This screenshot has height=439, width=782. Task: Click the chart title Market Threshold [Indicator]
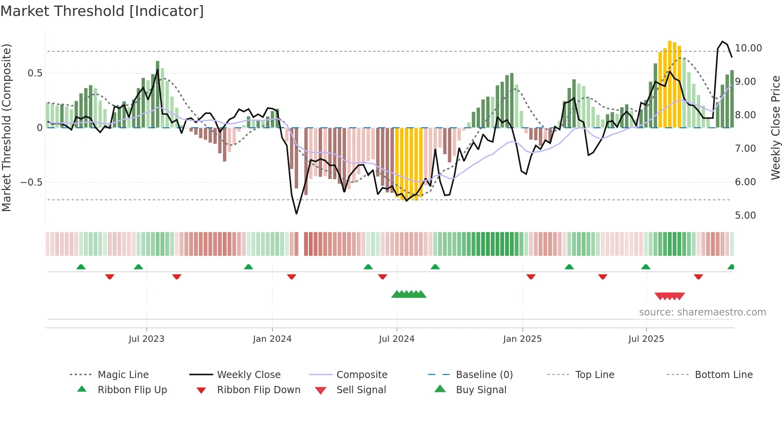coord(102,11)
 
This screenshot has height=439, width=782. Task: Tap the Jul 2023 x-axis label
coord(146,339)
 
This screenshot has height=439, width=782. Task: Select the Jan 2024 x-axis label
coord(272,339)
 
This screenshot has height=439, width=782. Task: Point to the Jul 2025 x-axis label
coord(646,339)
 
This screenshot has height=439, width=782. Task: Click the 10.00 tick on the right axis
coord(748,48)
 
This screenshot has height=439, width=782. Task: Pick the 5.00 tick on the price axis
coord(745,216)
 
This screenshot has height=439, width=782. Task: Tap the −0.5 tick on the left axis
coord(31,182)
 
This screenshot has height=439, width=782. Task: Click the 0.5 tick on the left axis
coord(35,73)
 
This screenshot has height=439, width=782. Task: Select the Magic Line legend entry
coord(123,375)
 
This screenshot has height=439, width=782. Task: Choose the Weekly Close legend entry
coord(249,375)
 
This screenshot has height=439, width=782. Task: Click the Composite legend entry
coord(361,375)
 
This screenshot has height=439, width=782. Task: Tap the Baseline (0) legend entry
coord(484,375)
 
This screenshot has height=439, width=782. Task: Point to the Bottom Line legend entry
coord(723,375)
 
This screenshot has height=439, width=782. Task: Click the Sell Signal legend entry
coord(361,390)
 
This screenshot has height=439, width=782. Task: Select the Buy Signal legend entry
coord(481,390)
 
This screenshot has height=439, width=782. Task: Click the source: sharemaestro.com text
coord(702,312)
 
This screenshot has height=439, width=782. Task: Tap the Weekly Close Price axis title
coord(775,127)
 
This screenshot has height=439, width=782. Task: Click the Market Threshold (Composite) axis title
coord(6,127)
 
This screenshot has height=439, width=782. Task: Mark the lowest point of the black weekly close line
coord(296,214)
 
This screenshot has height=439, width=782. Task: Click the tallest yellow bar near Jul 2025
coord(670,84)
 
